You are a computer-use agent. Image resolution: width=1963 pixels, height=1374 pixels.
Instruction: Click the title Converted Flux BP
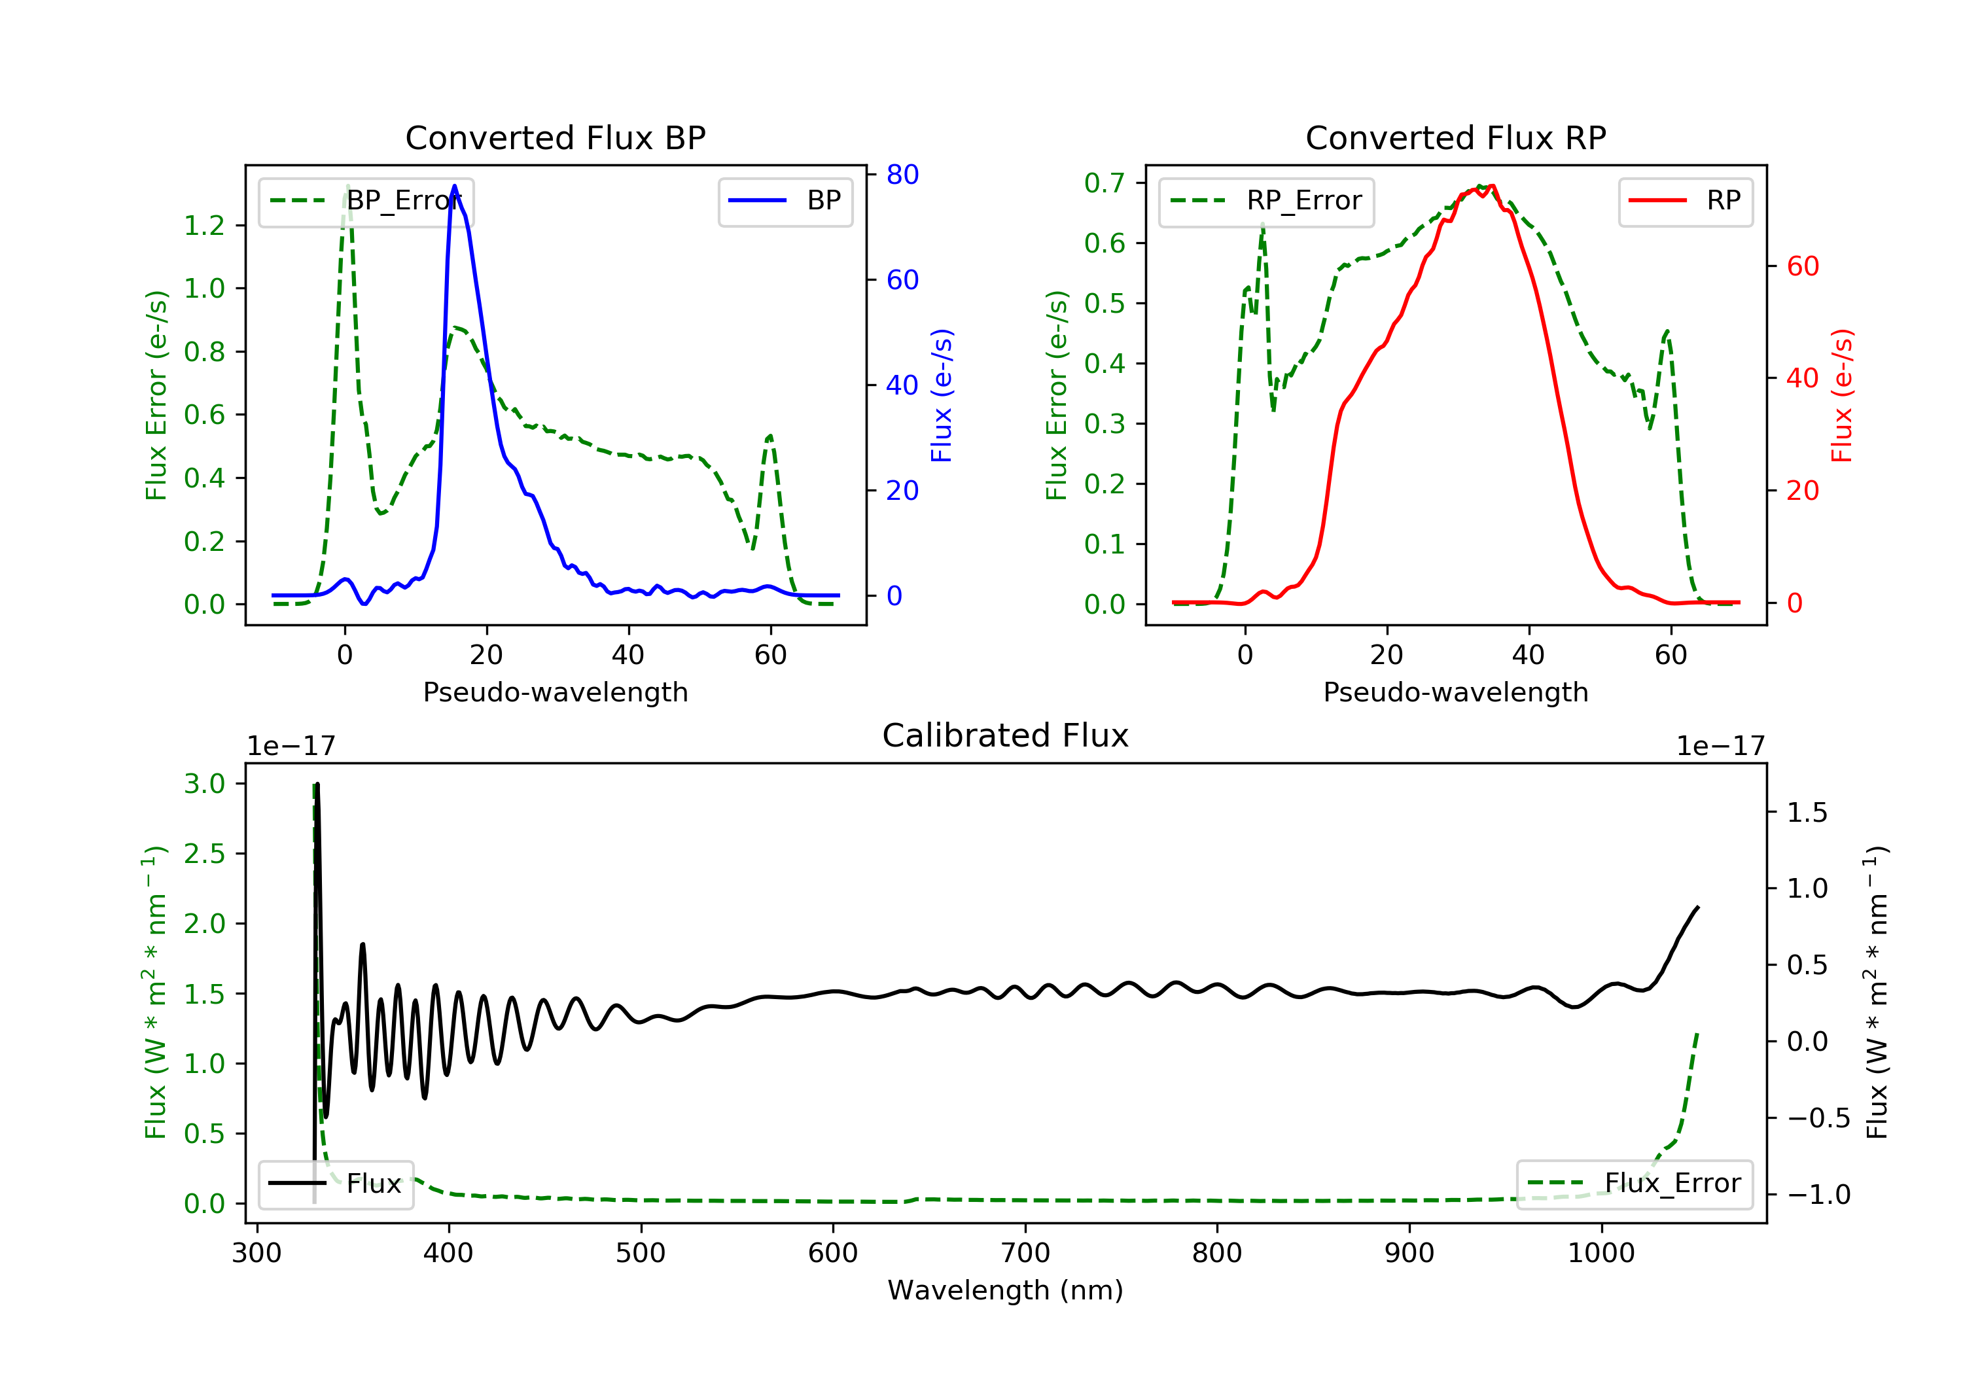click(x=555, y=137)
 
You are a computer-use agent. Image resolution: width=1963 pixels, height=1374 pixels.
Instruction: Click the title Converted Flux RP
click(x=1455, y=137)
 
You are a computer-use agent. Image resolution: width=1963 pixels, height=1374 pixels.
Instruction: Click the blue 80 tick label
click(x=902, y=175)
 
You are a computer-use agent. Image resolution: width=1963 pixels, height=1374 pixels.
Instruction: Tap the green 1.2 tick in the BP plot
click(x=204, y=226)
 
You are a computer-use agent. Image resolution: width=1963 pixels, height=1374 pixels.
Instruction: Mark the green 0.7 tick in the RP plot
click(x=1104, y=183)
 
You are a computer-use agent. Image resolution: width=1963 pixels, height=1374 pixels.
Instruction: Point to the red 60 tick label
click(x=1802, y=266)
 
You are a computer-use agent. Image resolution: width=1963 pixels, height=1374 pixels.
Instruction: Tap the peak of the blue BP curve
click(x=454, y=186)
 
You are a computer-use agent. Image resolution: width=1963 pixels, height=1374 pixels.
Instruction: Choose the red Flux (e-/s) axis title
click(x=1841, y=395)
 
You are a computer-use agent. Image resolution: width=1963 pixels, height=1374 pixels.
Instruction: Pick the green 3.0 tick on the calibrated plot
click(x=204, y=784)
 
